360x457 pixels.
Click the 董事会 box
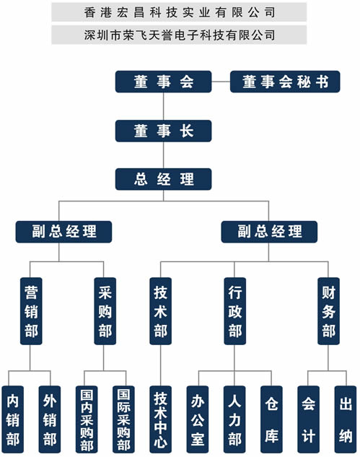[163, 82]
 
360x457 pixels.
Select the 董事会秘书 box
[285, 82]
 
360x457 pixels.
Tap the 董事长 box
[163, 131]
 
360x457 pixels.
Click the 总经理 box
[163, 179]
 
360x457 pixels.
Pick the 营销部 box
[31, 311]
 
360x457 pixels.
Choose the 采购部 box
[105, 311]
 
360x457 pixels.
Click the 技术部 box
[160, 311]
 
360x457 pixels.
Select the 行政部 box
[235, 311]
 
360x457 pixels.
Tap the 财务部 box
[328, 311]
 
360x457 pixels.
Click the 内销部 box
[13, 419]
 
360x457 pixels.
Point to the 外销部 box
[50, 419]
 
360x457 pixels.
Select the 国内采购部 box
[87, 419]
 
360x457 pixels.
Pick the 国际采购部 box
[124, 419]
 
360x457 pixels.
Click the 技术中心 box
[160, 419]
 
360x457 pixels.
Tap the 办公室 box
[198, 419]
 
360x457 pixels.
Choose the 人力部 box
[234, 419]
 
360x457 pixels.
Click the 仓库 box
[271, 419]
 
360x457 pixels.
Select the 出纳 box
[346, 419]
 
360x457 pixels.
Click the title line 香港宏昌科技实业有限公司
[180, 12]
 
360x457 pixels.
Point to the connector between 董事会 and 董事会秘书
[221, 82]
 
